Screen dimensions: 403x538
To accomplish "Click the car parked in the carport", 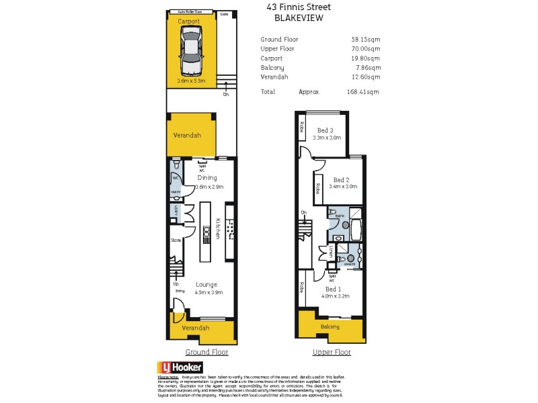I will pyautogui.click(x=191, y=48).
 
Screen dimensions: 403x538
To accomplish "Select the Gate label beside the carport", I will pyautogui.click(x=224, y=13).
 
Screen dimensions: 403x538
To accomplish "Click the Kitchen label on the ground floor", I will pyautogui.click(x=217, y=230).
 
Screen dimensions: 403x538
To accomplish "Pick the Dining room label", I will pyautogui.click(x=206, y=177).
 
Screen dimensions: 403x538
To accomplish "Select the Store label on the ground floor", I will pyautogui.click(x=176, y=240).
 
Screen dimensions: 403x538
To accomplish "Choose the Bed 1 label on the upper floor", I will pyautogui.click(x=335, y=289).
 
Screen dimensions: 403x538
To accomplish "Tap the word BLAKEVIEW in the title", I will pyautogui.click(x=299, y=18).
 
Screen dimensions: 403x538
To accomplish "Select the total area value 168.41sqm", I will pyautogui.click(x=363, y=92).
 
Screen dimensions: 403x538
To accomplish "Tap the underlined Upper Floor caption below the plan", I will pyautogui.click(x=332, y=352).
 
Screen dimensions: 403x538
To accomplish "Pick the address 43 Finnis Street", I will pyautogui.click(x=299, y=7).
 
